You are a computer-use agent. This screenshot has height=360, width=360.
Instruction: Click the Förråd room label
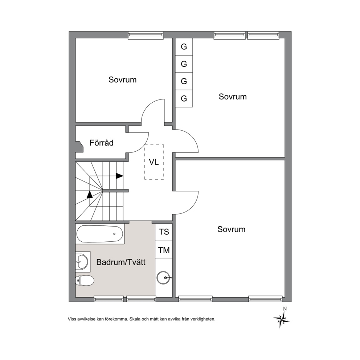click(x=102, y=143)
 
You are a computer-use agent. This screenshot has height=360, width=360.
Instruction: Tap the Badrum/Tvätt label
click(x=121, y=262)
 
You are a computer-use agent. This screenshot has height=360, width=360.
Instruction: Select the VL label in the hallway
click(x=154, y=162)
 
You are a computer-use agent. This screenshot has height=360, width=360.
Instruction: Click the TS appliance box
click(x=164, y=232)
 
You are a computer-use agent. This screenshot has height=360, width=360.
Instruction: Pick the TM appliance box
click(x=164, y=250)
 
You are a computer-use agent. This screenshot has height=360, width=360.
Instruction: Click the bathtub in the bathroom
click(x=100, y=234)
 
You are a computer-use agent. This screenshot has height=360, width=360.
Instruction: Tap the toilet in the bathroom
click(x=85, y=280)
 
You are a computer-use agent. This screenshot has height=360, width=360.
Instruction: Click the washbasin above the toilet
click(x=82, y=261)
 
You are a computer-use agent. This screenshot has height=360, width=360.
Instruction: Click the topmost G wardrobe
click(x=184, y=47)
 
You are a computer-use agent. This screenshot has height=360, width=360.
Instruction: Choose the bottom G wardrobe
click(x=184, y=98)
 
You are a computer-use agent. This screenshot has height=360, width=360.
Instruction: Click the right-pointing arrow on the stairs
click(x=119, y=176)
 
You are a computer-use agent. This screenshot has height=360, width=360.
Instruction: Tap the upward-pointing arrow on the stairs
click(x=90, y=194)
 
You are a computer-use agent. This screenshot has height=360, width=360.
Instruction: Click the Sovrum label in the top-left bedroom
click(x=122, y=80)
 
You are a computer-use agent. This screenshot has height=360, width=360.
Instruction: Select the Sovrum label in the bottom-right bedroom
click(x=232, y=229)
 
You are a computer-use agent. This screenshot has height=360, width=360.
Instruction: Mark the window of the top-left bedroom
click(x=146, y=35)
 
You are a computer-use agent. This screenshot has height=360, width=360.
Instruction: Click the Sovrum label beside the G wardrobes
click(x=233, y=97)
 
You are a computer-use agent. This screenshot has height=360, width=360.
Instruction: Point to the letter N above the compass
click(x=285, y=309)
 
